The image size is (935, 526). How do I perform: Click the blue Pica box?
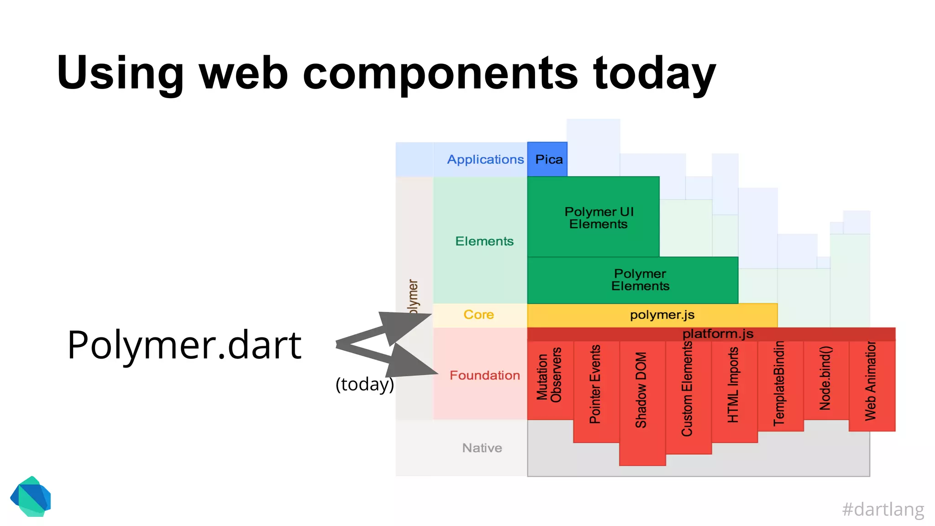pyautogui.click(x=547, y=159)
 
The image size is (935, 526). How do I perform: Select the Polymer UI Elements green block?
pyautogui.click(x=593, y=217)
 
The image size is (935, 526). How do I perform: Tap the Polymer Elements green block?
pyautogui.click(x=632, y=280)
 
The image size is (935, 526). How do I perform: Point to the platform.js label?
pyautogui.click(x=717, y=334)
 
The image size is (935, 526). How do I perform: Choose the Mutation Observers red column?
pyautogui.click(x=550, y=379)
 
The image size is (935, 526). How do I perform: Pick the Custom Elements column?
pyautogui.click(x=688, y=391)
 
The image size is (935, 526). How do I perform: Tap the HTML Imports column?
pyautogui.click(x=733, y=386)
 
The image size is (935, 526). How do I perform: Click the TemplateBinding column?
pyautogui.click(x=780, y=384)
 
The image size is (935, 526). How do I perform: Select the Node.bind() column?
pyautogui.click(x=825, y=379)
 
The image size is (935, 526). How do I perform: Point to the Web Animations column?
pyautogui.click(x=871, y=381)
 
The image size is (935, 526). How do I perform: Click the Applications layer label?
pyautogui.click(x=485, y=159)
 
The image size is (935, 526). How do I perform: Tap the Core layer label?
pyautogui.click(x=478, y=315)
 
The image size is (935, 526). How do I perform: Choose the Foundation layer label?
pyautogui.click(x=484, y=375)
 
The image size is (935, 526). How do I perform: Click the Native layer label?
pyautogui.click(x=482, y=448)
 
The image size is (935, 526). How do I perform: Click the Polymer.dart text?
pyautogui.click(x=184, y=345)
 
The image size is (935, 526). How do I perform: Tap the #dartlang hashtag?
pyautogui.click(x=882, y=509)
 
